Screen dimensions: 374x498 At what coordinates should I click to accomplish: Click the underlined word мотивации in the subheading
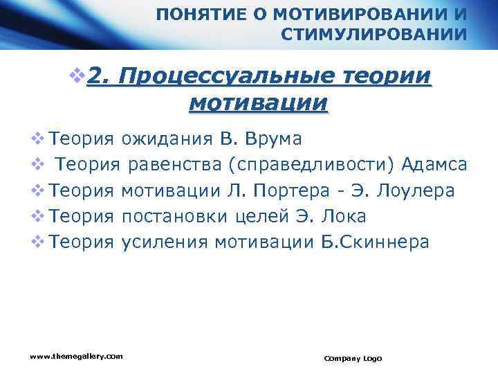click(x=257, y=103)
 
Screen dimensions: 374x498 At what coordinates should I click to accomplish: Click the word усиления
click(x=165, y=242)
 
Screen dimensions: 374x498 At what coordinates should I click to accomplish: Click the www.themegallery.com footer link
click(x=76, y=356)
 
